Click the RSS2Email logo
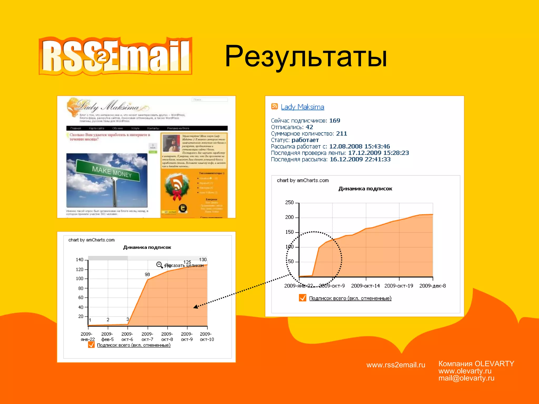[115, 56]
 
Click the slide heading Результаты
[306, 56]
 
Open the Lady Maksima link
[302, 107]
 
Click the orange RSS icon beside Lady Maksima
[274, 106]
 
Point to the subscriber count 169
[335, 120]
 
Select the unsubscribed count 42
[309, 127]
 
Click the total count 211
[341, 134]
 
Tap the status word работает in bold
[305, 140]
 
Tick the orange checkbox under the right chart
[302, 298]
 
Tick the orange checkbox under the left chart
[91, 345]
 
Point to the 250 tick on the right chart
[289, 202]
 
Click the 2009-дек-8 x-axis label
[432, 286]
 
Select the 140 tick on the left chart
[79, 260]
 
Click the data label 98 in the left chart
[147, 274]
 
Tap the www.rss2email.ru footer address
[396, 365]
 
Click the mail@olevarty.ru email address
[466, 378]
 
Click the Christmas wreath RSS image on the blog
[177, 186]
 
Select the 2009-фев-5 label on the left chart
[107, 337]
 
